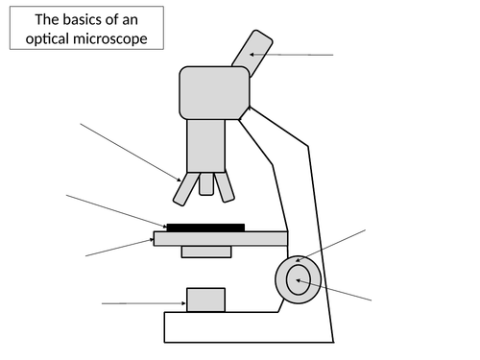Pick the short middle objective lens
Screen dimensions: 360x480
point(206,183)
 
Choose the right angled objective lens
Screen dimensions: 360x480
point(225,187)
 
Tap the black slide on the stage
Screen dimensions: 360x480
point(205,228)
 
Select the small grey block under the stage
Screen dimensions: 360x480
point(206,252)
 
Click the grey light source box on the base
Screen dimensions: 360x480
point(205,300)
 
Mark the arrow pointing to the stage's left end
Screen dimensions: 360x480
point(120,246)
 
